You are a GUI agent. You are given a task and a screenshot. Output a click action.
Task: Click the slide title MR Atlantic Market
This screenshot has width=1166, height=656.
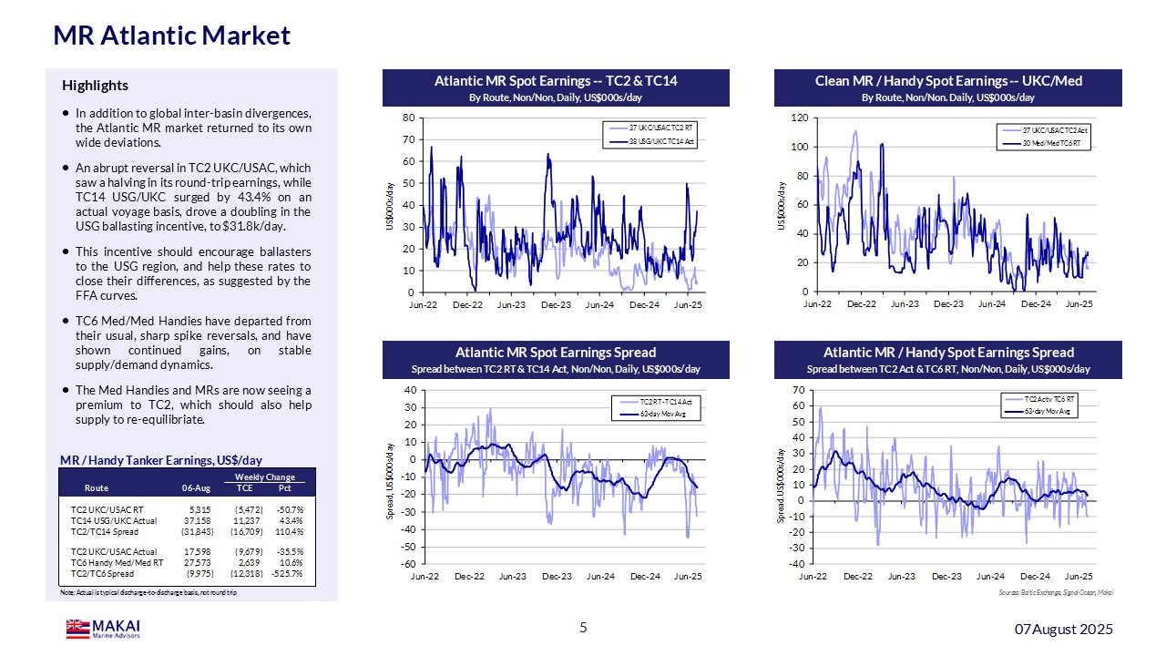point(172,36)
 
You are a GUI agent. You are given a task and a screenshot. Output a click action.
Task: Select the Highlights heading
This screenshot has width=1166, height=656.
point(95,86)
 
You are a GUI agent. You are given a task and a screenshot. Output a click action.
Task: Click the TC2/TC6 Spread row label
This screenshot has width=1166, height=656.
point(102,574)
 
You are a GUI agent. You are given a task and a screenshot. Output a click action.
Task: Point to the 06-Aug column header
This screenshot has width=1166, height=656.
point(197,487)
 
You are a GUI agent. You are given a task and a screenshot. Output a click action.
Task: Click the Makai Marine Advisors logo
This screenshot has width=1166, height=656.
point(103,629)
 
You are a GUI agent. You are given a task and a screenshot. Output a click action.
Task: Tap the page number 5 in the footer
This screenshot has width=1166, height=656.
point(584,628)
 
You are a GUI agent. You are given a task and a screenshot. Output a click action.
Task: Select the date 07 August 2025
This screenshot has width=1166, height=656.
point(1064,630)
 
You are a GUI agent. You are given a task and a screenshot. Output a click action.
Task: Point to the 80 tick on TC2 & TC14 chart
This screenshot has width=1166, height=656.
point(410,118)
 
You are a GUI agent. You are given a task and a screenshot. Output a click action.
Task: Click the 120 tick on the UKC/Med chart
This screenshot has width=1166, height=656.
point(799,118)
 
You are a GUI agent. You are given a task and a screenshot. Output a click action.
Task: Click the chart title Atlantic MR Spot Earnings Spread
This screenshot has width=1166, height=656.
point(556,353)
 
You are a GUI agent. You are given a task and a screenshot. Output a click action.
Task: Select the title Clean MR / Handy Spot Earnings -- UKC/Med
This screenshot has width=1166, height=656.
point(947,81)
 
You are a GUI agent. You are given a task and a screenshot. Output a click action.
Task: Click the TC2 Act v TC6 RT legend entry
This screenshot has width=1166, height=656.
point(1049,399)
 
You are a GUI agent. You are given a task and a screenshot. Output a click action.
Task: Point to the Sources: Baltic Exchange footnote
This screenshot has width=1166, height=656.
point(1056,592)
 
